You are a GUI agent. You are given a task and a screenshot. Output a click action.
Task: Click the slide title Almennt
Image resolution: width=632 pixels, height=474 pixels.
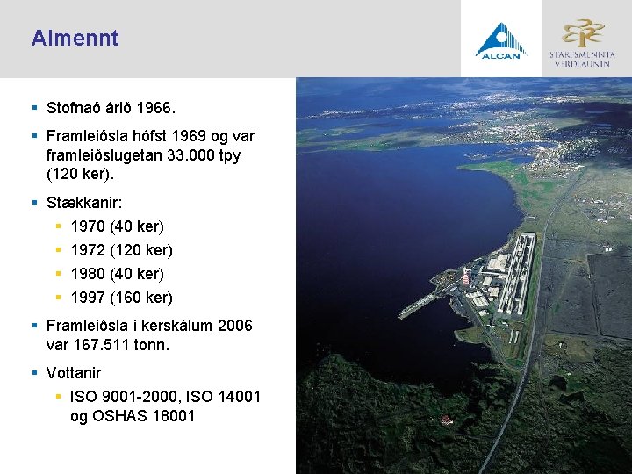pyautogui.click(x=75, y=39)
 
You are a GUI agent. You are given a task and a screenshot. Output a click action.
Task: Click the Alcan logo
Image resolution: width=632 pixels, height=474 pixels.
pyautogui.click(x=501, y=39)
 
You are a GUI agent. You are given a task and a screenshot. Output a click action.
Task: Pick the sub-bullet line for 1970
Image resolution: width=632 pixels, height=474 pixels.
pyautogui.click(x=117, y=226)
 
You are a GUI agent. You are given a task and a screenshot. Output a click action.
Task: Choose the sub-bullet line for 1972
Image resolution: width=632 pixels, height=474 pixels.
pyautogui.click(x=121, y=250)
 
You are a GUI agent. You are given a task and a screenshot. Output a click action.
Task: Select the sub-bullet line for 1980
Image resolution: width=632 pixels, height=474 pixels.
pyautogui.click(x=117, y=274)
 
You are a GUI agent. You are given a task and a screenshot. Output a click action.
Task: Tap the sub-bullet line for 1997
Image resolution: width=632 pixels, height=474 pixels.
pyautogui.click(x=121, y=298)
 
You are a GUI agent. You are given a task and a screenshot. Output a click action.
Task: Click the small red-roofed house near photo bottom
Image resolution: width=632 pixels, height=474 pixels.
pyautogui.click(x=447, y=420)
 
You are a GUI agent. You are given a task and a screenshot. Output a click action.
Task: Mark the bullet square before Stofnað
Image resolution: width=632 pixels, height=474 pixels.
pyautogui.click(x=34, y=109)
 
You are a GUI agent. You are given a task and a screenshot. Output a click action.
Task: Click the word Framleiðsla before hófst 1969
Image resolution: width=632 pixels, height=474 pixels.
pyautogui.click(x=91, y=136)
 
